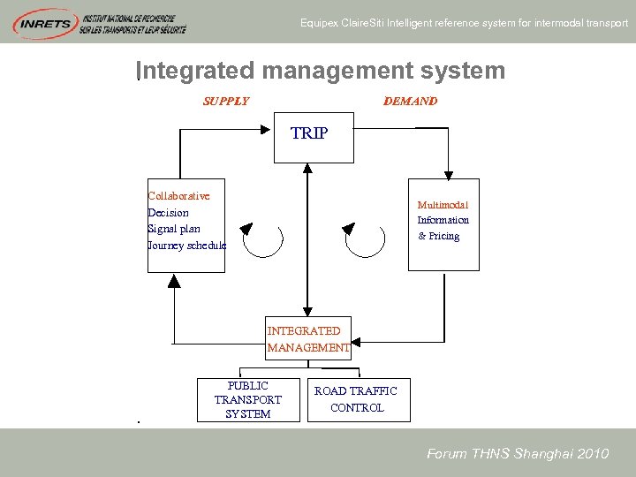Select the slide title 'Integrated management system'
coord(322,71)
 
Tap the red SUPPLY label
coord(226,102)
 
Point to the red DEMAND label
coord(410,102)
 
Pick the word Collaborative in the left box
coord(178,196)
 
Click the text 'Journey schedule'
coord(186,246)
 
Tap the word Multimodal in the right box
coord(443,204)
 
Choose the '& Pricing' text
coord(439,237)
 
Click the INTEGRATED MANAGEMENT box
coord(308,339)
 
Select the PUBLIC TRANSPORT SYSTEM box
coord(248,400)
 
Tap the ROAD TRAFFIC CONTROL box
coord(357,399)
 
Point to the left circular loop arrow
coord(261,239)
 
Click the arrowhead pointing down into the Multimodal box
coord(449,173)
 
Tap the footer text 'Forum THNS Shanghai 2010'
coord(518,454)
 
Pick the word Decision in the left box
coord(168,213)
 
